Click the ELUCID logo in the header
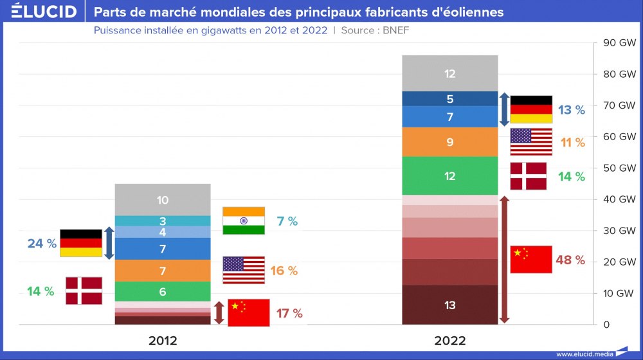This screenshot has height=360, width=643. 44,11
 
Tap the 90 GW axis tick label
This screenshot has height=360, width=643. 619,42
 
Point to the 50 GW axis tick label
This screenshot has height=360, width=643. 619,168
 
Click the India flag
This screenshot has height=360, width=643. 244,221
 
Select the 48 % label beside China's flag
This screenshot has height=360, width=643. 570,260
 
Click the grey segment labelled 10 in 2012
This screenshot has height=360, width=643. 163,200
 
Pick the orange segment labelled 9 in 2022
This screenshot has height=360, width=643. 450,142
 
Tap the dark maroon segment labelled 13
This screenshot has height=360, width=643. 450,305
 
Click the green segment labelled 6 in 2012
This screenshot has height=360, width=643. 163,291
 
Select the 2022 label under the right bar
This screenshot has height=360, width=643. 450,341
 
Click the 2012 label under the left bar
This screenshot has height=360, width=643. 163,341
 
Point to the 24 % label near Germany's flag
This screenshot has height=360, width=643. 42,244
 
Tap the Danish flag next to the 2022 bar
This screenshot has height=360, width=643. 528,176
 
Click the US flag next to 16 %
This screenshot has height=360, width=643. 244,270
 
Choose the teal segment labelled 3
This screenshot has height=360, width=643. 163,221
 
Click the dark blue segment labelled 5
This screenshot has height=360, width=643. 450,99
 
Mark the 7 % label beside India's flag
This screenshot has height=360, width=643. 287,221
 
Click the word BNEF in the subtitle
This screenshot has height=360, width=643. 395,30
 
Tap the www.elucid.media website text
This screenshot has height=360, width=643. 584,354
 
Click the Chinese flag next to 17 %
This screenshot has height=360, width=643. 248,313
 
